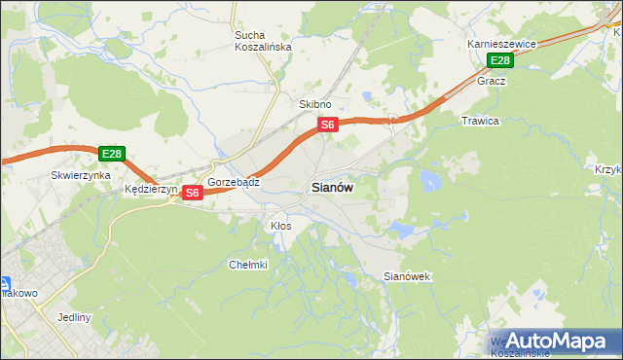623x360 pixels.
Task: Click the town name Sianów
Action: click(332, 188)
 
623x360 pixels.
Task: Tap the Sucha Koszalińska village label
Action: click(257, 41)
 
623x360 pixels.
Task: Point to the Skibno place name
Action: click(315, 104)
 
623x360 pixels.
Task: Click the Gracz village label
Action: click(490, 82)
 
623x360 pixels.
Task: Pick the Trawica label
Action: click(479, 121)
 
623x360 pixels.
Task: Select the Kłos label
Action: click(280, 226)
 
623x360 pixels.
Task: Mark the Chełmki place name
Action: click(247, 265)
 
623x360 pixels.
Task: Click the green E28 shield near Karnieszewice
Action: click(499, 61)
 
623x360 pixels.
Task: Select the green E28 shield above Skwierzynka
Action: click(112, 154)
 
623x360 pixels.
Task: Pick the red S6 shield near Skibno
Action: click(328, 125)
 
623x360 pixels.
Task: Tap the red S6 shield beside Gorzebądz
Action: click(192, 193)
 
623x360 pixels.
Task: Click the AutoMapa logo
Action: click(556, 341)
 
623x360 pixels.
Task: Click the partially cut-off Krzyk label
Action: click(608, 169)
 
